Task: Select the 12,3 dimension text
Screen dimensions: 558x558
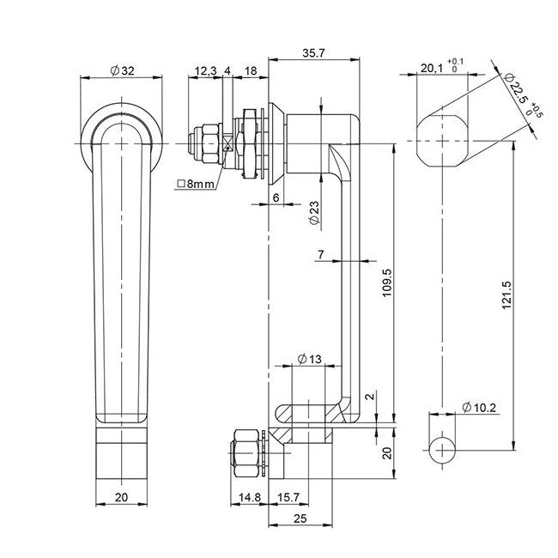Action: (204, 70)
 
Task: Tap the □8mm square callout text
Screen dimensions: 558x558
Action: (196, 184)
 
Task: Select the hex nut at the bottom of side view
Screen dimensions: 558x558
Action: (244, 452)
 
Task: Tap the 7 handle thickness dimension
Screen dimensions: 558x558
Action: (320, 254)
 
